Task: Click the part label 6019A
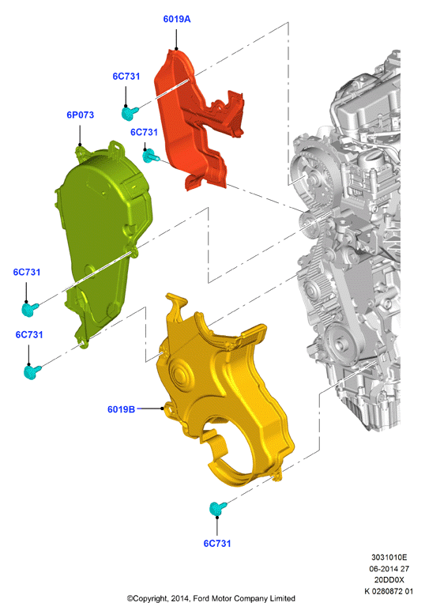[177, 19]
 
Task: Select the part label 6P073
[81, 115]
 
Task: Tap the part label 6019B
[122, 409]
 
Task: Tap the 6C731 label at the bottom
[217, 543]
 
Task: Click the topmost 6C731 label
[126, 77]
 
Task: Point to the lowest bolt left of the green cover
[32, 371]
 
